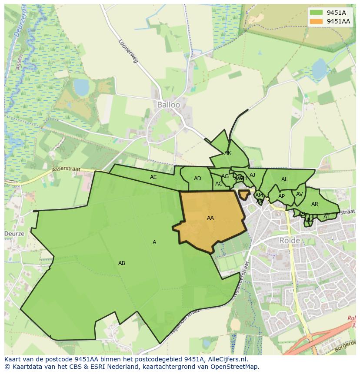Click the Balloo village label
pyautogui.click(x=168, y=105)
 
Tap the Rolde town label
pyautogui.click(x=290, y=240)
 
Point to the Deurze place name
pyautogui.click(x=14, y=233)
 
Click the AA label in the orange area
pyautogui.click(x=210, y=218)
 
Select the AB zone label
pyautogui.click(x=122, y=263)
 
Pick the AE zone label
pyautogui.click(x=153, y=177)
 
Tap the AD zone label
pyautogui.click(x=197, y=179)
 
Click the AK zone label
pyautogui.click(x=228, y=153)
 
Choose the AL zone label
pyautogui.click(x=284, y=179)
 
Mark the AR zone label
pyautogui.click(x=315, y=204)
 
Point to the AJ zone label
pyautogui.click(x=252, y=175)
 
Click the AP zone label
pyautogui.click(x=281, y=196)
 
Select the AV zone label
pyautogui.click(x=299, y=194)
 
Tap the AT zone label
pyautogui.click(x=327, y=217)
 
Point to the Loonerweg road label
pyautogui.click(x=128, y=51)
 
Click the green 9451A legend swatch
pyautogui.click(x=316, y=13)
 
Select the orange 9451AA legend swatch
pyautogui.click(x=316, y=21)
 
